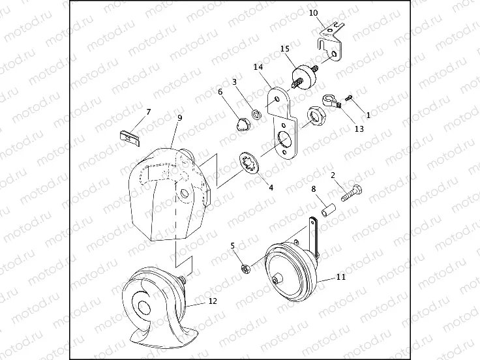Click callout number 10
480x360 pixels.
coord(314,13)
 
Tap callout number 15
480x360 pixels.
coord(285,49)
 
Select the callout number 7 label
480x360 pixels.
coord(149,112)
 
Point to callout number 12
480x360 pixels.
coord(213,301)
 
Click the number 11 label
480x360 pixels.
coord(341,277)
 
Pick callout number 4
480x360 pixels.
coord(271,188)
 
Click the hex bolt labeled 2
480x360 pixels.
coord(352,192)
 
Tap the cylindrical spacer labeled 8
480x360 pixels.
coord(329,211)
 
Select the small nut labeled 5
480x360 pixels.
coord(246,269)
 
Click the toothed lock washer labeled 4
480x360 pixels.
coord(250,162)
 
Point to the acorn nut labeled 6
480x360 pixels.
coord(243,125)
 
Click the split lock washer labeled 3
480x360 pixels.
coord(256,114)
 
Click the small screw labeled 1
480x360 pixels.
coord(349,98)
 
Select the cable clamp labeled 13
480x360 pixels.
coord(331,101)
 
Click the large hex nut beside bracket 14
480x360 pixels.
coord(315,116)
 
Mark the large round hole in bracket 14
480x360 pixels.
coord(285,140)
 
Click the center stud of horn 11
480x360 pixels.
coord(278,280)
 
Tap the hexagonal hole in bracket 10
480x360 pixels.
coord(335,54)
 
